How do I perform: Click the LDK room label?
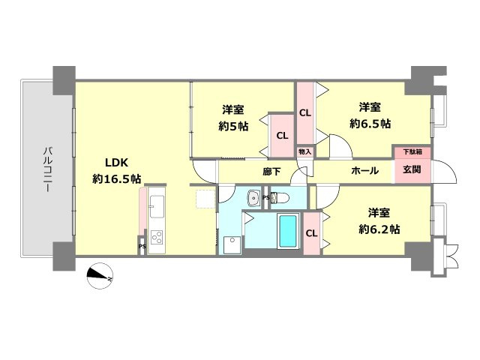point(116,163)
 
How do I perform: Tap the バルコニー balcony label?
point(46,169)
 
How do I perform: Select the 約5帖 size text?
point(233,126)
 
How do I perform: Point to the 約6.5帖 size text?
point(370,124)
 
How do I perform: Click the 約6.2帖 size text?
point(379,229)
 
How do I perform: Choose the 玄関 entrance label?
point(412,169)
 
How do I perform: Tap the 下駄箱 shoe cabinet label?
point(412,151)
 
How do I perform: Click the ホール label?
point(365,170)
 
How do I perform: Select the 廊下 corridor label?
point(271,172)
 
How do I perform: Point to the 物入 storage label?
point(305,151)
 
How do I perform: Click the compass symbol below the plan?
point(100,276)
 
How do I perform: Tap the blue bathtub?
point(288,231)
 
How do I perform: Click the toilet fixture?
point(280,198)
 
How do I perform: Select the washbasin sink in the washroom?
point(253,197)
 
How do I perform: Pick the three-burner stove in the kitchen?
point(157,237)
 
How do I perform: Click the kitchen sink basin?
point(157,207)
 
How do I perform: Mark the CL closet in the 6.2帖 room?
point(312,233)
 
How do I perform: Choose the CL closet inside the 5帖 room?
point(282,136)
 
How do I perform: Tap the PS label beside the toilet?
point(265,198)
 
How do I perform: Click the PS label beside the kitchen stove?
point(142,247)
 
